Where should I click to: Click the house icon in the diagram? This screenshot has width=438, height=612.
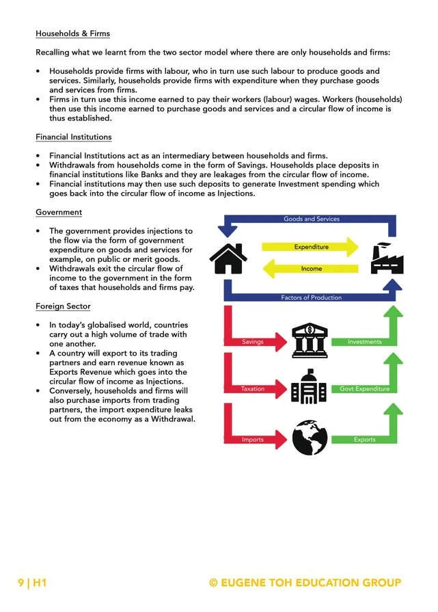228,258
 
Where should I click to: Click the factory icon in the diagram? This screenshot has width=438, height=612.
387,258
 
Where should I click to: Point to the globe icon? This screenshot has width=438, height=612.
310,438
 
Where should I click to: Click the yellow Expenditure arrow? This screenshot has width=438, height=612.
312,247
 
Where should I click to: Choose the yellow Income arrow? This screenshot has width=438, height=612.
311,269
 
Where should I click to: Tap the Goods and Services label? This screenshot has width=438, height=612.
312,219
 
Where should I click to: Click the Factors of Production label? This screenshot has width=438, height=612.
312,298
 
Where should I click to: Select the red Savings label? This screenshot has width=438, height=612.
254,341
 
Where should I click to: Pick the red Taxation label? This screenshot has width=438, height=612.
253,389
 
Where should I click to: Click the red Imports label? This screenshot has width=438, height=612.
253,440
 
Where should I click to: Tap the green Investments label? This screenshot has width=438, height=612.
364,341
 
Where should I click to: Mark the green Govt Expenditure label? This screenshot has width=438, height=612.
364,389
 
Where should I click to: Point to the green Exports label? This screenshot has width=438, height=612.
364,440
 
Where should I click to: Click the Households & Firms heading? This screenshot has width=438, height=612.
72,34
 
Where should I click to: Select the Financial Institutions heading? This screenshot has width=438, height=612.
74,137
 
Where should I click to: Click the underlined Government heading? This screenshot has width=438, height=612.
59,213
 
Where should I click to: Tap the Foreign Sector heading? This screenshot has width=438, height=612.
63,306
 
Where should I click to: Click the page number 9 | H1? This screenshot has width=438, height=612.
31,583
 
